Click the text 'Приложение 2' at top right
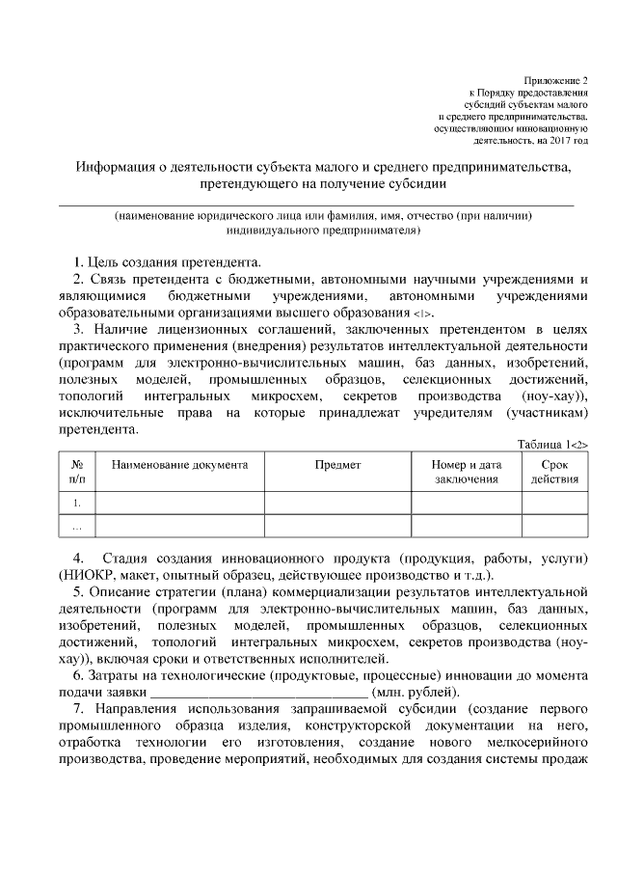click(x=554, y=80)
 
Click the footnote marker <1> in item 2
click(x=423, y=314)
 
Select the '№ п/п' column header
click(x=77, y=471)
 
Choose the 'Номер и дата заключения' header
click(x=467, y=471)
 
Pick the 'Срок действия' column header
click(x=554, y=471)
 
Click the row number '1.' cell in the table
click(x=77, y=503)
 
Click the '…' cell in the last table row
click(x=77, y=527)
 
